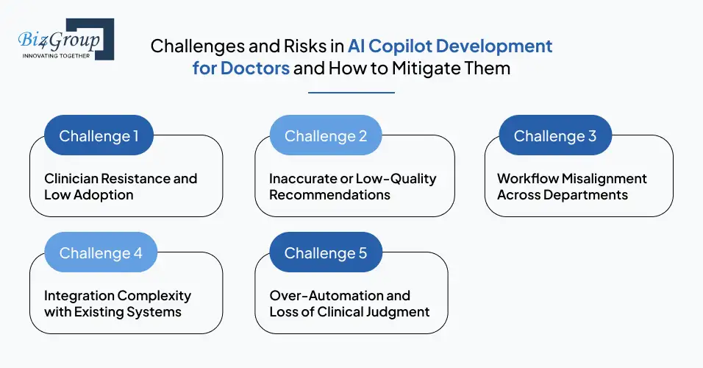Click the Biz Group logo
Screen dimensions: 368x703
(x=63, y=38)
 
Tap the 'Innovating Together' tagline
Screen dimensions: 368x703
(x=57, y=55)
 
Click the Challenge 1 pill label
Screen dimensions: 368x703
(x=99, y=136)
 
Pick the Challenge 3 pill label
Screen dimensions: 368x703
(x=554, y=136)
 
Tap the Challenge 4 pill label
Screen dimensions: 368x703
(x=100, y=253)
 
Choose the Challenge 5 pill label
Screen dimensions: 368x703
(x=325, y=253)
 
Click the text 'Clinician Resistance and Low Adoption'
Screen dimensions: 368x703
(x=121, y=187)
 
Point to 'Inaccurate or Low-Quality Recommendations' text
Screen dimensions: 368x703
(x=352, y=187)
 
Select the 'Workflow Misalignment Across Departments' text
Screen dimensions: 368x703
(x=571, y=187)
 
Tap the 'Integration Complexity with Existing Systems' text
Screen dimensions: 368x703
(x=117, y=303)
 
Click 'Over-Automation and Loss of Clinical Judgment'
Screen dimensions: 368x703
(x=349, y=303)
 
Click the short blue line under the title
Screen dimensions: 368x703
(x=351, y=93)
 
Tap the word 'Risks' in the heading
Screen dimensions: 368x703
(x=300, y=46)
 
